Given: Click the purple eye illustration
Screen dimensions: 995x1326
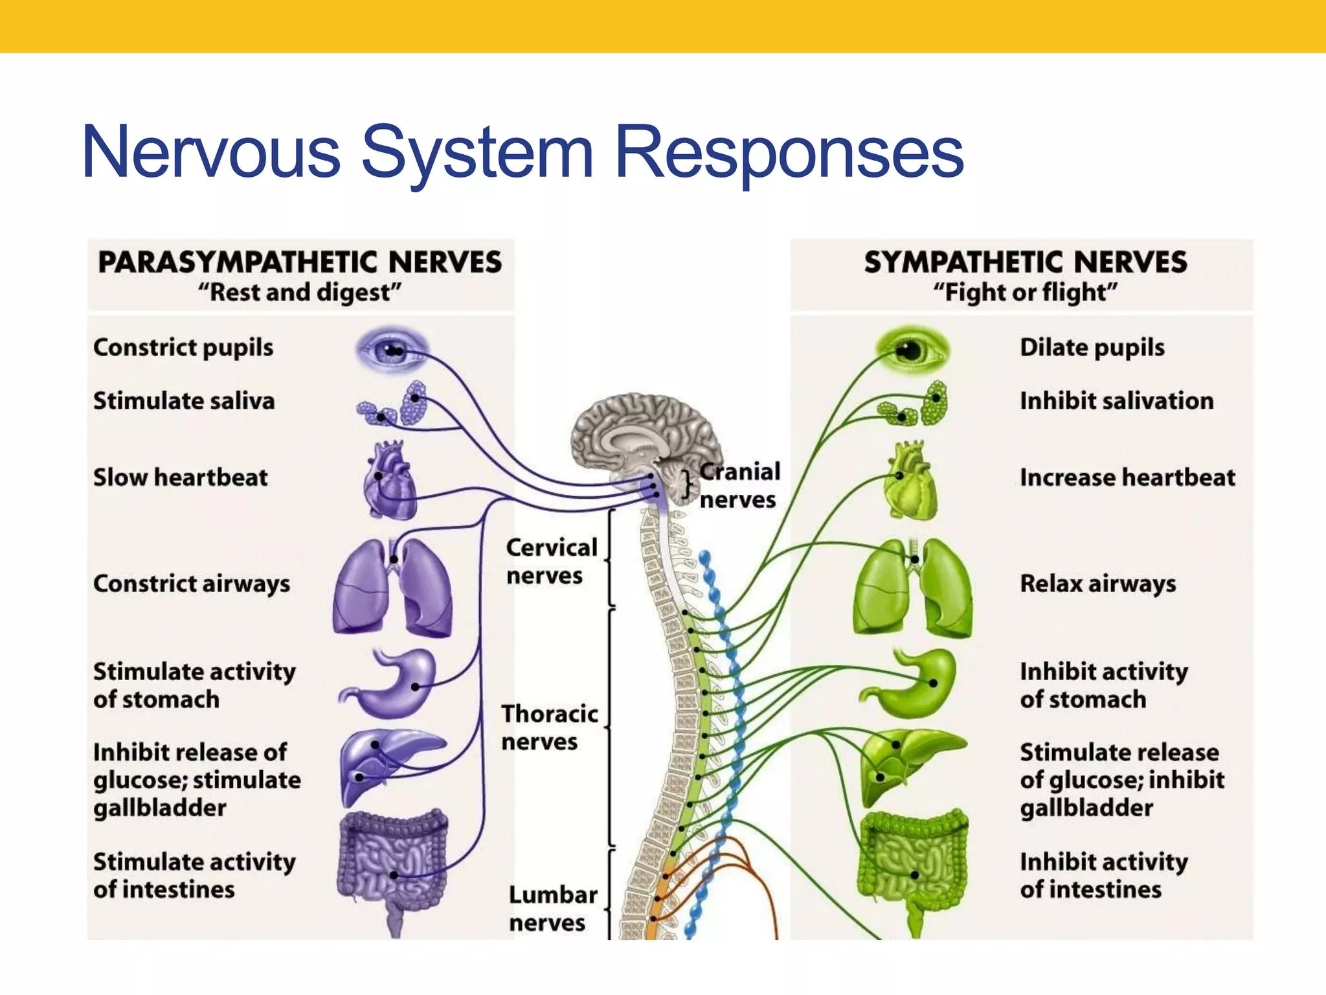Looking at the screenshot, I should click(x=391, y=350).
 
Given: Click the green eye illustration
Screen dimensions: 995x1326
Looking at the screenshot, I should click(x=912, y=350).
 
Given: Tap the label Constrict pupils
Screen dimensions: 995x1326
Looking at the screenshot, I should click(x=183, y=348).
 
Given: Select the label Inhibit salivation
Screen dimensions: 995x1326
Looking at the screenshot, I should click(x=1116, y=401).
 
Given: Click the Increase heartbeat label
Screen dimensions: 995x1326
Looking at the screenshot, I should click(x=1127, y=477).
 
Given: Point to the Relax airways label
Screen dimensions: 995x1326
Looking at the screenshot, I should click(x=1097, y=584).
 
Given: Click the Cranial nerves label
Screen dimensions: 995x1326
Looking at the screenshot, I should click(x=739, y=486).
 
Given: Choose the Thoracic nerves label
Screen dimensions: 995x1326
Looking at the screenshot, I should click(x=549, y=727).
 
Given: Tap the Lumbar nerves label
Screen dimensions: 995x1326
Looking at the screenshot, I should click(x=552, y=908).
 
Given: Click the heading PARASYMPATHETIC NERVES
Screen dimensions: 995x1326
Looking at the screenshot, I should click(x=300, y=262).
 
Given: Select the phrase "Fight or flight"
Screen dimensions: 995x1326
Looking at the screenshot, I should click(x=1025, y=293).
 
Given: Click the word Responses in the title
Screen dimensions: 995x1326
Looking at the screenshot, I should click(x=789, y=153).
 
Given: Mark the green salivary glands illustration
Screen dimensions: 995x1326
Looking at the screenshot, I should click(x=914, y=404).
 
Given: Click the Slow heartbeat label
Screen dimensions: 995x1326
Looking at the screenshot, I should click(x=180, y=477).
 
